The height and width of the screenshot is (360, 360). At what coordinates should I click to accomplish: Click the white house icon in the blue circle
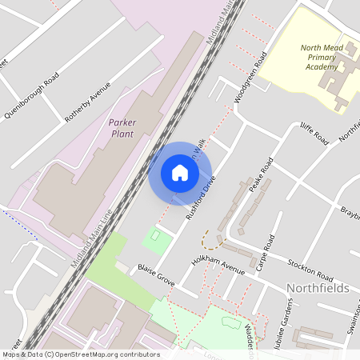tap(180, 172)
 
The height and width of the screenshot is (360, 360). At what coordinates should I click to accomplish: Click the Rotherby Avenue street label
tap(87, 102)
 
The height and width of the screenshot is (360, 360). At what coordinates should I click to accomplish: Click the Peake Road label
tap(261, 174)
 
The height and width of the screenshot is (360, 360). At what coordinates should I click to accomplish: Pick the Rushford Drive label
tap(202, 198)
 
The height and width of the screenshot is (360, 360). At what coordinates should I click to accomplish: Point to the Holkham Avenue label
tap(218, 262)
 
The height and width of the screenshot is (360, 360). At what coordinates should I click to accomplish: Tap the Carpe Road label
tap(265, 251)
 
